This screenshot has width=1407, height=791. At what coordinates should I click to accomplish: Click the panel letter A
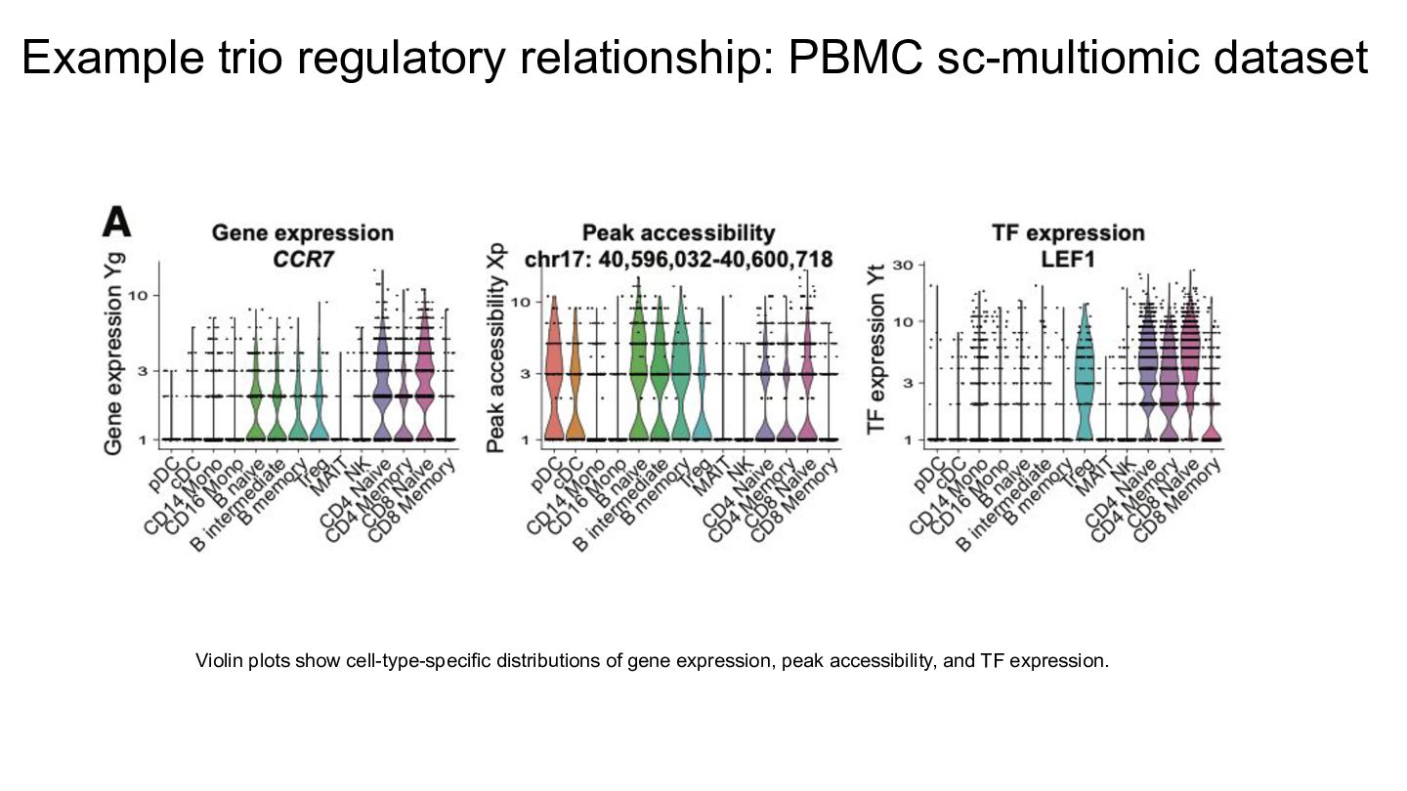[x=117, y=223]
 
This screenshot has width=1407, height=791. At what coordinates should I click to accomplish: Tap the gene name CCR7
[x=303, y=259]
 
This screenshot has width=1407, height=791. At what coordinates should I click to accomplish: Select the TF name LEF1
[x=1068, y=259]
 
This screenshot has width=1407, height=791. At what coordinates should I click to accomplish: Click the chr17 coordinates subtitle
[x=678, y=259]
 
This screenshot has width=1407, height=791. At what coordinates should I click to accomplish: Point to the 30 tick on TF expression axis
[x=902, y=265]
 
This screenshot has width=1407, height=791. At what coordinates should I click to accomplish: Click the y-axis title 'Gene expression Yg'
[x=113, y=353]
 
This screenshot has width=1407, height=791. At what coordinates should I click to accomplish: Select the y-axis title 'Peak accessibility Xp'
[x=495, y=354]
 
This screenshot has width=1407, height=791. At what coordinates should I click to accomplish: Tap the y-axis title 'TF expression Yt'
[x=875, y=349]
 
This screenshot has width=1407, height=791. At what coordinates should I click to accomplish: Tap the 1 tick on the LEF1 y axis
[x=909, y=440]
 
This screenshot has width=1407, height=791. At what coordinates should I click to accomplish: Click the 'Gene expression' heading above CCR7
[x=303, y=232]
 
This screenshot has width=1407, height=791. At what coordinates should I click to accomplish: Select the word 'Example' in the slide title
[x=113, y=59]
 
